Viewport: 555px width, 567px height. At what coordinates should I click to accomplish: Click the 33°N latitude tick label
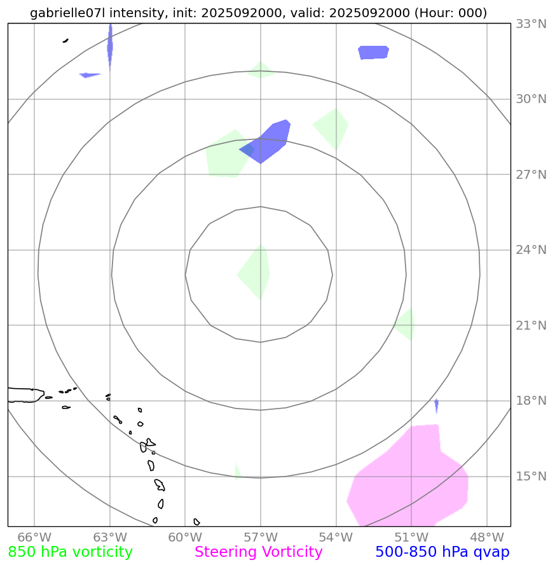[530, 24]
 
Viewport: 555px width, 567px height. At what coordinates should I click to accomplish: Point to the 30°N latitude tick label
[530, 99]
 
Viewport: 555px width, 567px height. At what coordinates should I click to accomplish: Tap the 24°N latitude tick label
[530, 250]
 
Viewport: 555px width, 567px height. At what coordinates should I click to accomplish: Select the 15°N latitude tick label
[530, 477]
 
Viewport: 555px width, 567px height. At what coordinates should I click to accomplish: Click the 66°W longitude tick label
[34, 537]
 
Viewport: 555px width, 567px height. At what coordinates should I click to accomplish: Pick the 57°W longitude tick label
[260, 537]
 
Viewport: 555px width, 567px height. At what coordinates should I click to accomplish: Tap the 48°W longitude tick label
[486, 537]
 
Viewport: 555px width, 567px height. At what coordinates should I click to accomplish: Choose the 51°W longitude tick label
[411, 537]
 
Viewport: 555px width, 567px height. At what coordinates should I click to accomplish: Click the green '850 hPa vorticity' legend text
[71, 552]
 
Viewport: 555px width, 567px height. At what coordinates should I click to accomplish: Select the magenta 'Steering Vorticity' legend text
[259, 552]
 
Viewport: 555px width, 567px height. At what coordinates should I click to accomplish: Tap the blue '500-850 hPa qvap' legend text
[442, 552]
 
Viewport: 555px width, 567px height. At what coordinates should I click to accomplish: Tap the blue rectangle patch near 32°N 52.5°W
[374, 52]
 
